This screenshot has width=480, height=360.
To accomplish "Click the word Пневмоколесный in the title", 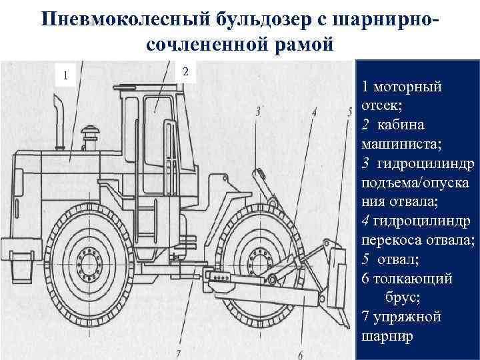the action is (x=125, y=19).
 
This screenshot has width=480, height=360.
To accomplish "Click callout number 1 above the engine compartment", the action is (x=65, y=75).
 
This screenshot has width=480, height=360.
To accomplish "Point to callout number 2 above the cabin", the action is (x=185, y=71).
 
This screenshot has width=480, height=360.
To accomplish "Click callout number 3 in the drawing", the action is (x=258, y=112).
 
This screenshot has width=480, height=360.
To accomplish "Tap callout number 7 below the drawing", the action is (x=179, y=355).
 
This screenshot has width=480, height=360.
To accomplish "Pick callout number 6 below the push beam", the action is (x=301, y=355).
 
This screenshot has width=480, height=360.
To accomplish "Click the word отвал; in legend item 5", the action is (x=398, y=259).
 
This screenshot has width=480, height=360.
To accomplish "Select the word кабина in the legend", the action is (x=401, y=125).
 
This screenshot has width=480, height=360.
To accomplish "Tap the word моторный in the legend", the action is (x=407, y=87).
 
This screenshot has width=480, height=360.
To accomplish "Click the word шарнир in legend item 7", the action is (x=387, y=337).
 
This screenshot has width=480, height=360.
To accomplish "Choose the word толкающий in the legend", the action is (x=413, y=279).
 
